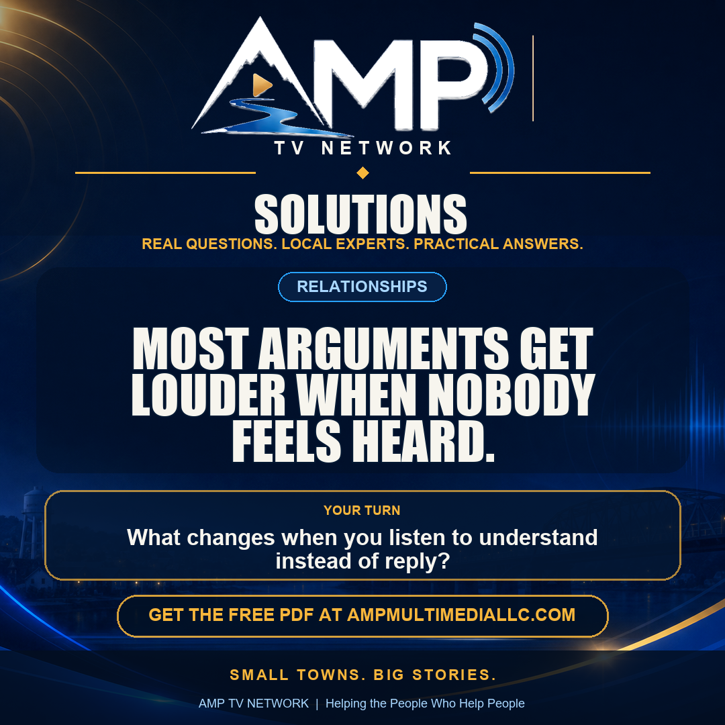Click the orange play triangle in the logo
261,85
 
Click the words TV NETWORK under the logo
363,148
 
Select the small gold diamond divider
363,173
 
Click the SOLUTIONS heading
360,214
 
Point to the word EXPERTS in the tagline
372,244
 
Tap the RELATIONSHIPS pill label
362,287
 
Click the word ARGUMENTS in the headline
383,348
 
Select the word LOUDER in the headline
209,394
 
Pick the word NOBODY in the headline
512,394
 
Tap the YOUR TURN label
362,510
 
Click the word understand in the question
538,538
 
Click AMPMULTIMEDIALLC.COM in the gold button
461,615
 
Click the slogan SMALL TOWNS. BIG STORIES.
363,675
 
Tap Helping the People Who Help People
425,704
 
